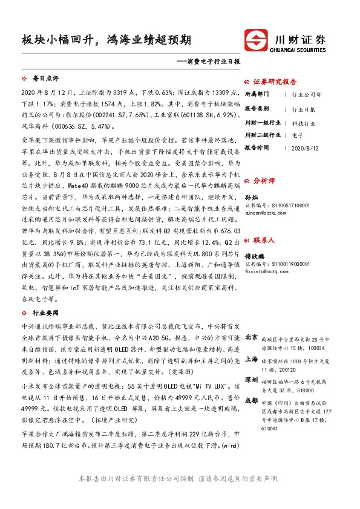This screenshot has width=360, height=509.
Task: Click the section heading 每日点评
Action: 45,79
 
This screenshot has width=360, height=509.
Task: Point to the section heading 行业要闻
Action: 45,313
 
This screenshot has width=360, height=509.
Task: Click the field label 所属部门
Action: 255,95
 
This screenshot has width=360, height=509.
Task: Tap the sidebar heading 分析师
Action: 263,181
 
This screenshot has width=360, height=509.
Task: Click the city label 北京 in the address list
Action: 251,337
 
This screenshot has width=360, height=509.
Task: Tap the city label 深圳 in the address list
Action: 251,379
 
